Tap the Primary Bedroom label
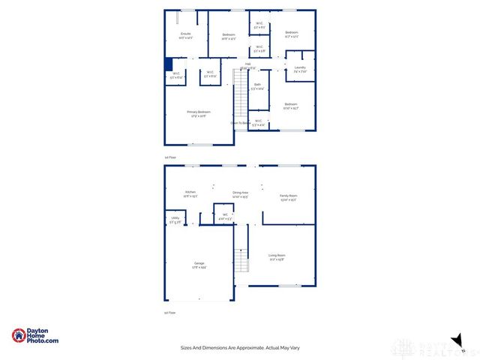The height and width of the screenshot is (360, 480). coord(198,113)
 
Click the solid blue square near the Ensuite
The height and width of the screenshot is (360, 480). coord(169,64)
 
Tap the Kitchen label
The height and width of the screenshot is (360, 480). coord(190,193)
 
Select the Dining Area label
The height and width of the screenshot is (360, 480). coord(240,194)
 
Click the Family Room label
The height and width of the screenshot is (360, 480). coord(288,197)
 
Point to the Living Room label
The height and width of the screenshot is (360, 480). coord(277,257)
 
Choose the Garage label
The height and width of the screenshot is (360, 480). coord(199,265)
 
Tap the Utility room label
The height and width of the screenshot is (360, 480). coord(175,220)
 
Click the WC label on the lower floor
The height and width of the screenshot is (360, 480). coord(224,216)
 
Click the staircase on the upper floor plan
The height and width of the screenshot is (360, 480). coord(241,96)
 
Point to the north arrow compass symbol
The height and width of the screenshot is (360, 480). coord(454,340)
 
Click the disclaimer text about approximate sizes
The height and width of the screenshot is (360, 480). coord(239,348)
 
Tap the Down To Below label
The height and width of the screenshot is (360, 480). coord(240,122)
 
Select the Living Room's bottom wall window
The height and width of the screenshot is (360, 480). coord(289,286)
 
